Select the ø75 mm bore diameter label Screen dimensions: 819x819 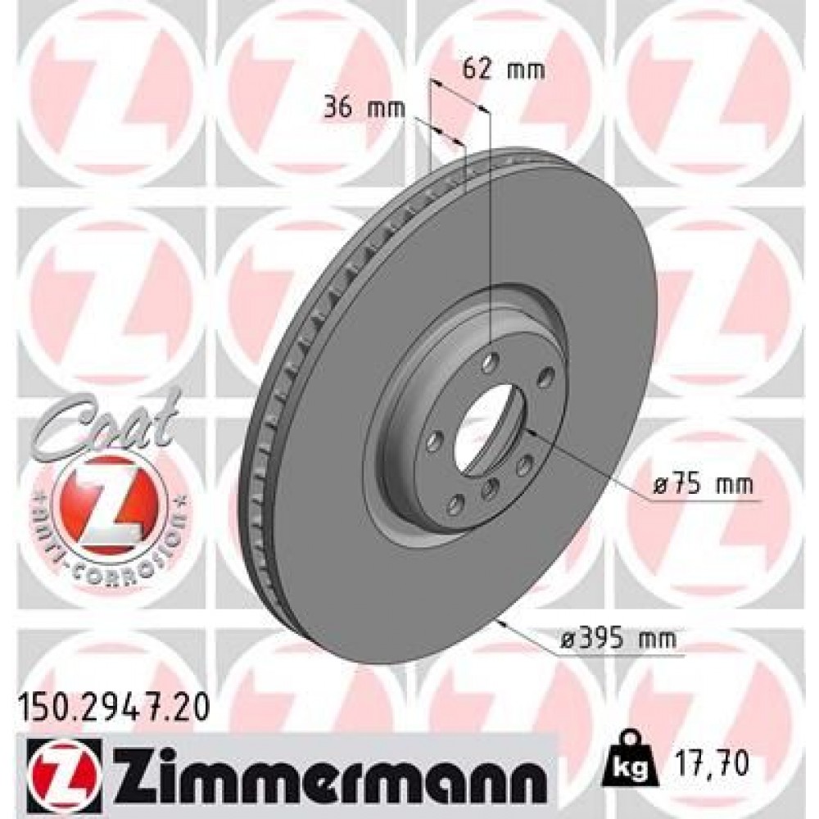pyautogui.click(x=703, y=486)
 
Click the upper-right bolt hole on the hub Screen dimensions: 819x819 pyautogui.click(x=543, y=378)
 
